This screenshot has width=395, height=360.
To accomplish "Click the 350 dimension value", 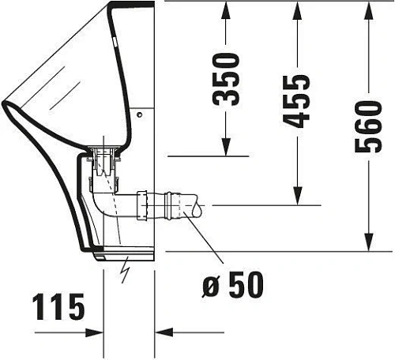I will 228,79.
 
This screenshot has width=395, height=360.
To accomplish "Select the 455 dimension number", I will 298,101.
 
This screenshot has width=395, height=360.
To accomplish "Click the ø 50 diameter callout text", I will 232,283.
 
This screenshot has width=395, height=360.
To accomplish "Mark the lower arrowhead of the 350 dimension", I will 227,147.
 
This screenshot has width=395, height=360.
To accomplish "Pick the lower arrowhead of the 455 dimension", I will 297,197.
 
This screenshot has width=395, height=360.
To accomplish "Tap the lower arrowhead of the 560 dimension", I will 369,242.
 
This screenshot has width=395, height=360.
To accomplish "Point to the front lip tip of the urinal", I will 6,103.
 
